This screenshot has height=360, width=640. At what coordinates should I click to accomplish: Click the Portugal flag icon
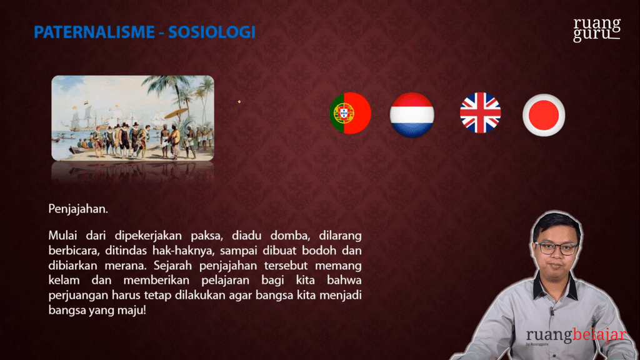pos(350,113)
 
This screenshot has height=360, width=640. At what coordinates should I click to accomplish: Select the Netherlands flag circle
pos(412,114)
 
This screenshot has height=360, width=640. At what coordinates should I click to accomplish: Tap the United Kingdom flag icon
pos(480,113)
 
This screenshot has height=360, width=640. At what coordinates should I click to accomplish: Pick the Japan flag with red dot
pos(544,115)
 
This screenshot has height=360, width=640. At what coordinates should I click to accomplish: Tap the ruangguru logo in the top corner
pos(597,29)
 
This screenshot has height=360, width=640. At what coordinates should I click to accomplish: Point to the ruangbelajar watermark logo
pos(576,336)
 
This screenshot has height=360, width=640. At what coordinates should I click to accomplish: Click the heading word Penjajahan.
pos(78,209)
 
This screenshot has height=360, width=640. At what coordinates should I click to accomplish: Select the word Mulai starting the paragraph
pos(62,236)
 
